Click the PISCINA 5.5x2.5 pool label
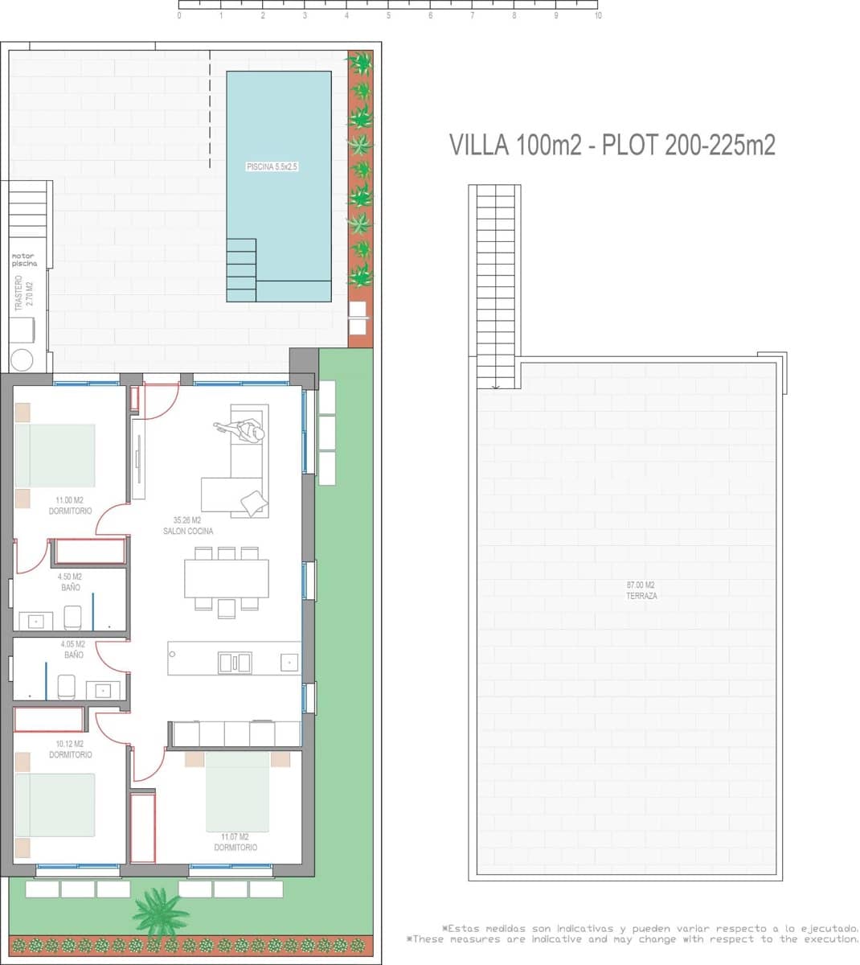click(272, 167)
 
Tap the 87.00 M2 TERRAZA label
click(641, 590)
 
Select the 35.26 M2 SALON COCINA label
click(187, 526)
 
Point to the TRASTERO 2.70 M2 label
click(23, 294)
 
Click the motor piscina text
click(24, 260)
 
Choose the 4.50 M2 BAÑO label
click(69, 582)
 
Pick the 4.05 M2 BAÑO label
click(73, 650)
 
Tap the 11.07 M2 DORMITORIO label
click(235, 842)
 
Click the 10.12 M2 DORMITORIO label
click(70, 749)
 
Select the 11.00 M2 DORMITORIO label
click(70, 506)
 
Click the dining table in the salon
click(226, 578)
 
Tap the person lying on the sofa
click(244, 431)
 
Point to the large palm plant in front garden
click(160, 913)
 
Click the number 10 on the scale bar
click(597, 15)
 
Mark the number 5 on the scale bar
click(388, 15)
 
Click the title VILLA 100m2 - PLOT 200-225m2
click(612, 145)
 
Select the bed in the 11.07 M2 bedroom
click(237, 792)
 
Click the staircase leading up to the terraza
click(495, 285)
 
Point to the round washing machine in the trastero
click(23, 359)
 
